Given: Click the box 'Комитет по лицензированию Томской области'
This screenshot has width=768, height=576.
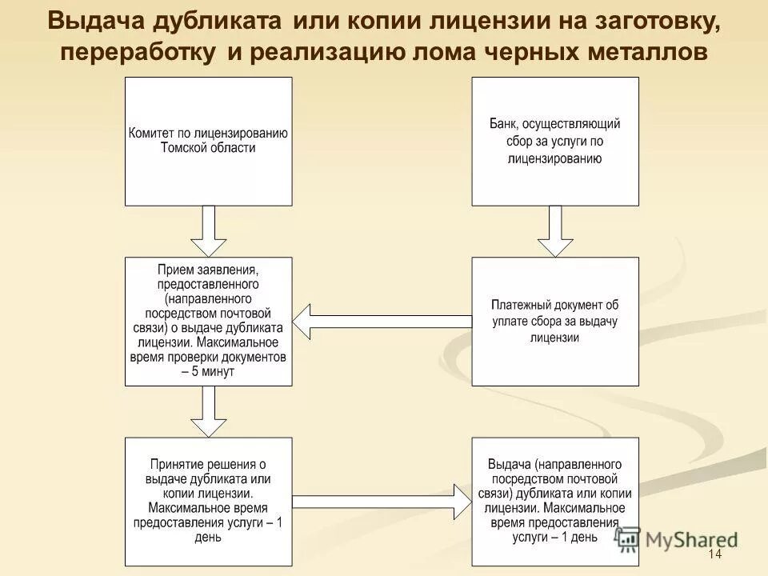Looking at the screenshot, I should [x=208, y=142].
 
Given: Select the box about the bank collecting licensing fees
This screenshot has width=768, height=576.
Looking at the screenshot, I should [x=555, y=142].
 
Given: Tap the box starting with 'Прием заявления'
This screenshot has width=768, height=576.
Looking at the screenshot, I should [x=208, y=321].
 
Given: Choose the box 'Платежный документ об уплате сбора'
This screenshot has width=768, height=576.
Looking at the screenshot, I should [x=555, y=321].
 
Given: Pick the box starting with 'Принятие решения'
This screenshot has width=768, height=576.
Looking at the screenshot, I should [x=208, y=502].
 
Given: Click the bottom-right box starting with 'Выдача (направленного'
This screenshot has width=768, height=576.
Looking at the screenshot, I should [x=555, y=502].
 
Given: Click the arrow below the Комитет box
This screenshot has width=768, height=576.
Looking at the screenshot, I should [x=208, y=230].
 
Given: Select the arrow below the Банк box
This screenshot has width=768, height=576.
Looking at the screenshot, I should [x=555, y=230].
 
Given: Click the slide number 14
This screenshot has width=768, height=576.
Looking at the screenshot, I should [x=715, y=555].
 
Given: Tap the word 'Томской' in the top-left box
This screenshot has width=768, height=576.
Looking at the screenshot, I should [x=186, y=148].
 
